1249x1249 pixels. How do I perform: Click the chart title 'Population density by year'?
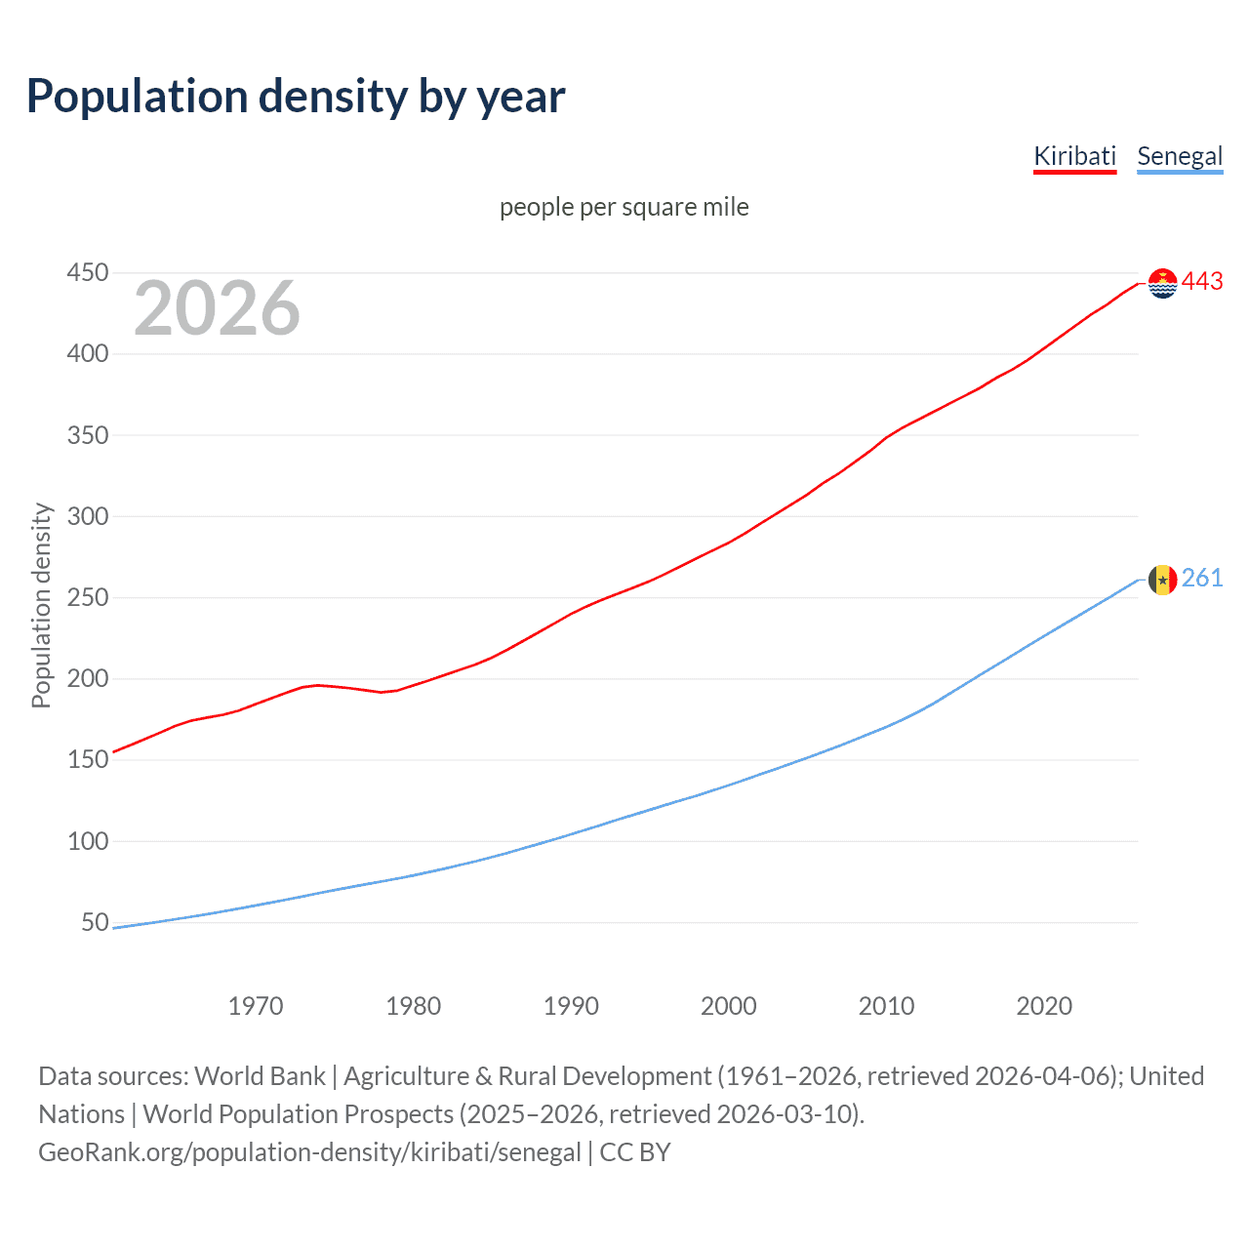pos(296,96)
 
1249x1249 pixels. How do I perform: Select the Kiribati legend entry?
pos(1074,156)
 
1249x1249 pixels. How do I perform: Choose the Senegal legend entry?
pos(1180,156)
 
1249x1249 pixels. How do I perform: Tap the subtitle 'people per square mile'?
pos(624,207)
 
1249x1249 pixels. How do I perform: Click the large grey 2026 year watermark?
pos(217,308)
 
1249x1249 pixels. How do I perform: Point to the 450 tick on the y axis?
pos(88,272)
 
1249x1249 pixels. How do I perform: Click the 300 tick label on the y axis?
pos(88,516)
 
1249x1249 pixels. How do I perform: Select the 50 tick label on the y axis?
pos(95,922)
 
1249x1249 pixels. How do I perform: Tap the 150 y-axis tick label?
pos(88,759)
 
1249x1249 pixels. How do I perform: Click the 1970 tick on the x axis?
pos(256,1006)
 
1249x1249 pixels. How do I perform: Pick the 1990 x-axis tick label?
pos(571,1006)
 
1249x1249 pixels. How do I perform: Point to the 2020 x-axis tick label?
pos(1044,1006)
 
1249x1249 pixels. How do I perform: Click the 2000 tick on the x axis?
pos(729,1006)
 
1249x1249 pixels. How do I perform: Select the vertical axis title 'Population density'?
pos(41,605)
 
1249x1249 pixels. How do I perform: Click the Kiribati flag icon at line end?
pos(1162,283)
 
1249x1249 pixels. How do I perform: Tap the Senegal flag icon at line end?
pos(1162,580)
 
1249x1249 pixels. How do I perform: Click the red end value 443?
pos(1202,282)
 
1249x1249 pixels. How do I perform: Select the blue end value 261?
pos(1202,579)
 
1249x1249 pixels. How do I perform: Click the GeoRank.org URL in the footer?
pos(309,1152)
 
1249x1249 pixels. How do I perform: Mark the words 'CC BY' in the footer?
pos(635,1152)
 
